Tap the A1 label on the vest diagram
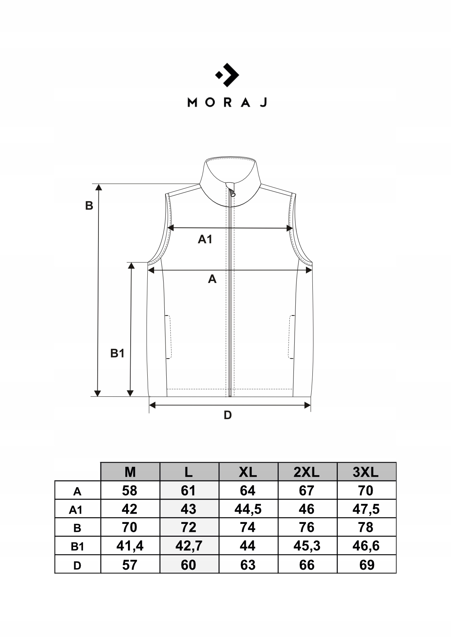205,239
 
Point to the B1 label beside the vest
117,353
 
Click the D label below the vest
228,415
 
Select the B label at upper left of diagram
89,206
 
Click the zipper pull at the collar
232,193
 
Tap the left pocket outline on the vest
169,337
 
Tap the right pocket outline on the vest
292,337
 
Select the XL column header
248,472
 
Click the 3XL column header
366,472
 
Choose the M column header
130,472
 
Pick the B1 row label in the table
77,547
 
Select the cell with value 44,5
248,509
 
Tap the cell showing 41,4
130,546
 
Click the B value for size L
189,527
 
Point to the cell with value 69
367,565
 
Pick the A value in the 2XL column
307,491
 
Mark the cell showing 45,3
307,546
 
